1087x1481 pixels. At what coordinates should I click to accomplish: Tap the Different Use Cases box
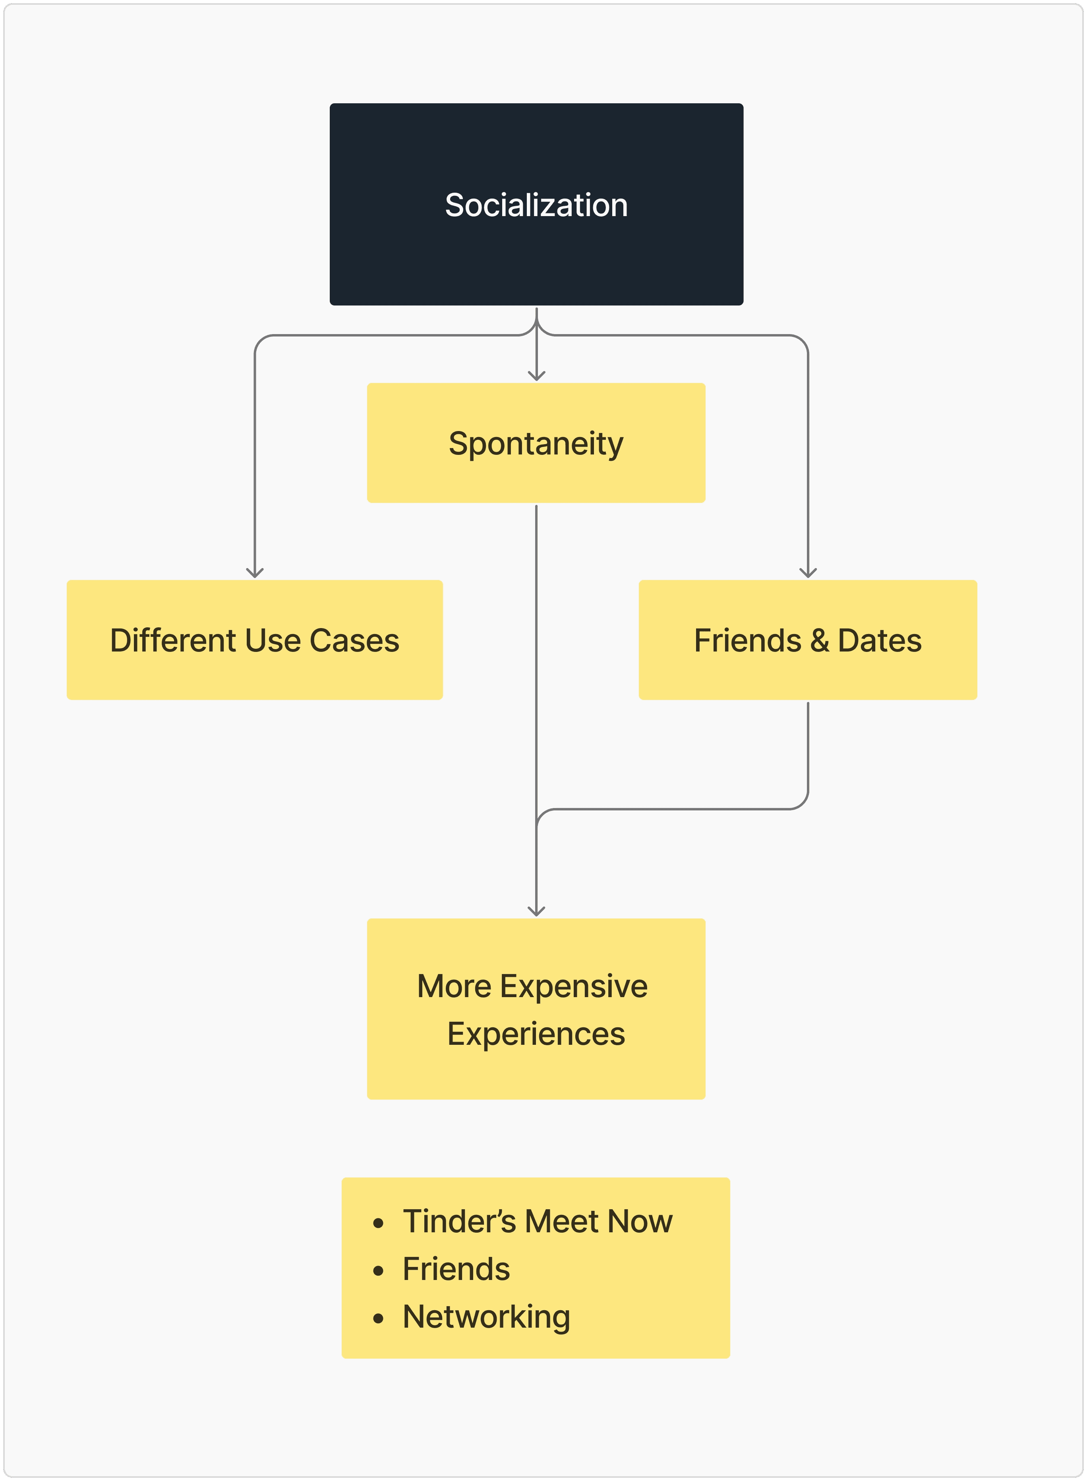[x=255, y=640]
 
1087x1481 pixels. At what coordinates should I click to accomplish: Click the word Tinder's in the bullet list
[x=458, y=1221]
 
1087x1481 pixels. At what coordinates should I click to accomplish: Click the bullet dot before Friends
[x=378, y=1270]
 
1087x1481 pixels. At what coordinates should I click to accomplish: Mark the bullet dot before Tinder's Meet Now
[x=378, y=1223]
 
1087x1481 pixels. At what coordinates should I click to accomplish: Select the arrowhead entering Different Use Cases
[x=255, y=574]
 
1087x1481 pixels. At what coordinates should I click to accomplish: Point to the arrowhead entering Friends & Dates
[x=808, y=574]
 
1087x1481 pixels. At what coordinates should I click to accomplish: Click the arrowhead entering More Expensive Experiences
[x=536, y=912]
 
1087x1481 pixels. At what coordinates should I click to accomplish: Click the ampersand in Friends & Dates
[x=819, y=640]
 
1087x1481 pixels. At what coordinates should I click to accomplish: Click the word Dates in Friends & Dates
[x=879, y=640]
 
